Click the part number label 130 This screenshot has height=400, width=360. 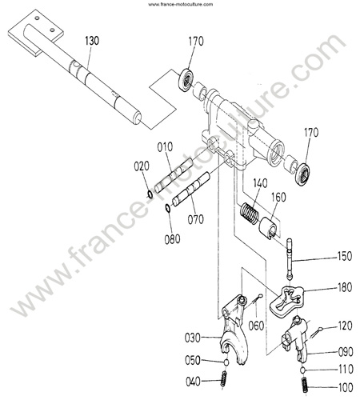pos(92,41)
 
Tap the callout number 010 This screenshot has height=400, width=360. pos(165,147)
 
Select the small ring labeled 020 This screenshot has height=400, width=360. pos(150,194)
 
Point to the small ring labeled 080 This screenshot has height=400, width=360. pos(168,208)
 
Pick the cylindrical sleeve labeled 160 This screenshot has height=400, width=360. pos(269,227)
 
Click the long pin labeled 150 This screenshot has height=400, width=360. pos(290,258)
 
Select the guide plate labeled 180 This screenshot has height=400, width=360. pos(287,300)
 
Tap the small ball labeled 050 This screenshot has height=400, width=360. pos(226,362)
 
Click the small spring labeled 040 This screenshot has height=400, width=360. pos(223,378)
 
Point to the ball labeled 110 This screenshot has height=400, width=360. pos(302,370)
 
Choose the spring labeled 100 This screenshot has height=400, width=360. pos(305,385)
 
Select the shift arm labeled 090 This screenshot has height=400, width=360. pos(295,338)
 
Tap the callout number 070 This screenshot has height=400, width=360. pos(196,219)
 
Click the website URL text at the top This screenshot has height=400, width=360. pos(181,4)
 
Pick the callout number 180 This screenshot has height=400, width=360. pos(345,287)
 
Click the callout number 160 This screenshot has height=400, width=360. pos(278,197)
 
